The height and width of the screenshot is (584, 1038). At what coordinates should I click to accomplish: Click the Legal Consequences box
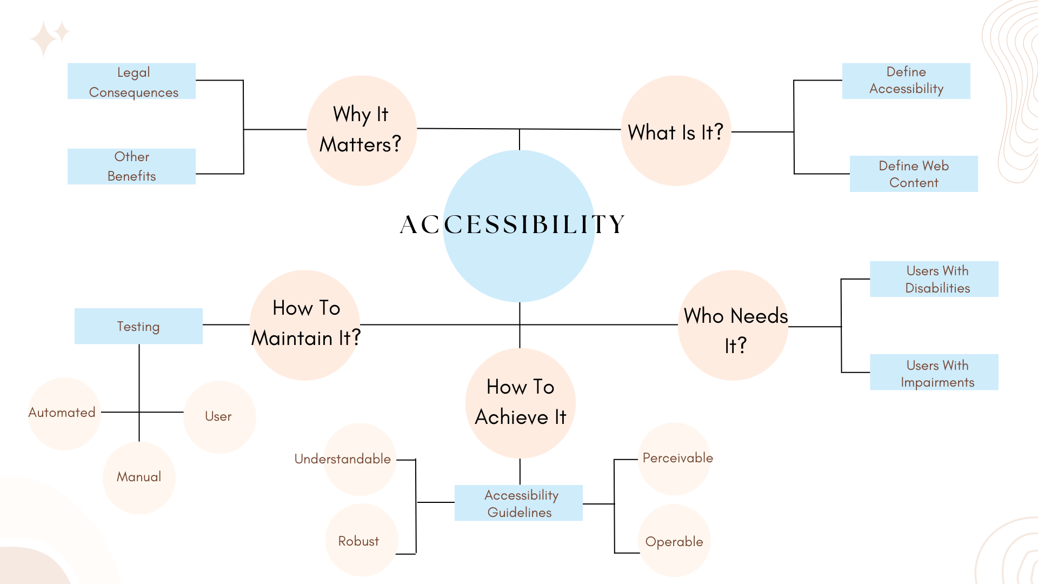click(x=131, y=81)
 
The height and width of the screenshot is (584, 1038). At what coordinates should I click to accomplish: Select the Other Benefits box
click(x=131, y=167)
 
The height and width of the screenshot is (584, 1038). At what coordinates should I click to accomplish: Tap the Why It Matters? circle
click(x=361, y=130)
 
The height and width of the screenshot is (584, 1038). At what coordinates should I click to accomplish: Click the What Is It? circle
click(x=676, y=131)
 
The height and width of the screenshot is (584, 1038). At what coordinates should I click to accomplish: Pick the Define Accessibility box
click(x=906, y=81)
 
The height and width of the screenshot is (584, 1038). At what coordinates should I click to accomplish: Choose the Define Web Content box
click(x=914, y=174)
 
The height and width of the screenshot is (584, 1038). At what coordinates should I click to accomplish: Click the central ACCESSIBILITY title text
click(x=513, y=224)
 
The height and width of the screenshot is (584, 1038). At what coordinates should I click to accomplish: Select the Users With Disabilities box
click(x=934, y=279)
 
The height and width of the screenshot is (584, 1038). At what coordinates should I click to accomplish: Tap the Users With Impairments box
click(x=934, y=373)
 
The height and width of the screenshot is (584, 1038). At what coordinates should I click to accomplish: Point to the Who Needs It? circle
click(x=733, y=326)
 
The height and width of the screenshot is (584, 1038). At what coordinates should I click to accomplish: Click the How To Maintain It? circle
click(x=305, y=324)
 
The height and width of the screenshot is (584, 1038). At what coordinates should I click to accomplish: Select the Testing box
click(x=138, y=326)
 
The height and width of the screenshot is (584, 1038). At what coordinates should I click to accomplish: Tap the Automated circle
click(x=64, y=414)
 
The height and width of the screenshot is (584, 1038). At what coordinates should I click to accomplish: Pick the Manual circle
click(x=139, y=477)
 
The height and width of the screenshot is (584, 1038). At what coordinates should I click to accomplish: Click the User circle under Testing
click(x=219, y=417)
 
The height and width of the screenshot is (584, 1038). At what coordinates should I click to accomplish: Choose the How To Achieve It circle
click(x=520, y=403)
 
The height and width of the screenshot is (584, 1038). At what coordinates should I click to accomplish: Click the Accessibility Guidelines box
click(x=518, y=503)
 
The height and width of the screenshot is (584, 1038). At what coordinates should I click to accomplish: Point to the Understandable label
click(x=343, y=459)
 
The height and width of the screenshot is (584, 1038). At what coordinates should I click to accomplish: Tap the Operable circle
click(x=674, y=541)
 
